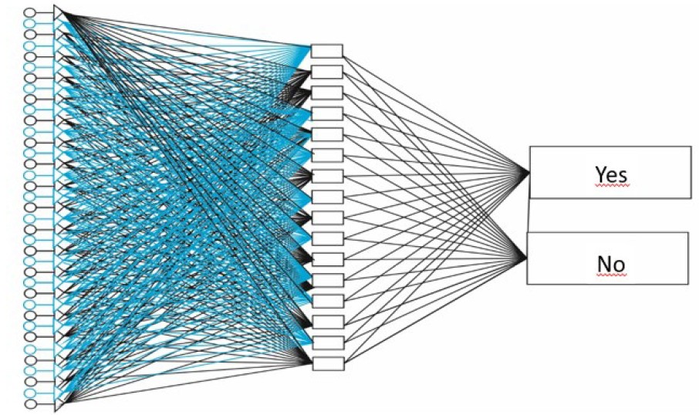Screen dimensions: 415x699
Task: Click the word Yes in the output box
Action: point(610,174)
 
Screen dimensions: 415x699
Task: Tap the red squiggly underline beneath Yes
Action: point(610,186)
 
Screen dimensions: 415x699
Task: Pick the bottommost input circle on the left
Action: point(30,403)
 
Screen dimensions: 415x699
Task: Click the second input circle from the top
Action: point(30,24)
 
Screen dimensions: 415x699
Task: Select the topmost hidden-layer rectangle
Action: point(326,51)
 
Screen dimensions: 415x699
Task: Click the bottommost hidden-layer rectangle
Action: point(326,363)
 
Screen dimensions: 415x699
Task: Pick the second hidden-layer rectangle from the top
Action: point(326,72)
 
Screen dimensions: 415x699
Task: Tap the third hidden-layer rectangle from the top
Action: point(326,93)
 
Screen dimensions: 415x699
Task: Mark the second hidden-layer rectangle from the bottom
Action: point(326,342)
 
